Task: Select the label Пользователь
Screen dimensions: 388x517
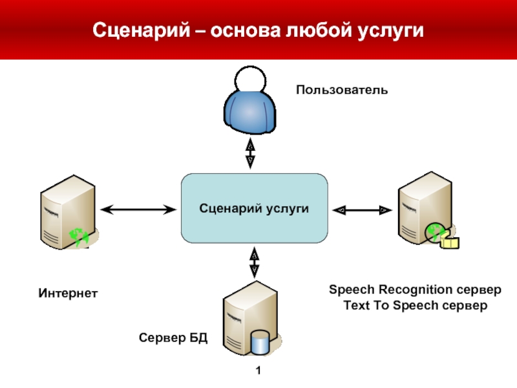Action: (342, 89)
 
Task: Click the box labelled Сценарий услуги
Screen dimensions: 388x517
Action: (254, 208)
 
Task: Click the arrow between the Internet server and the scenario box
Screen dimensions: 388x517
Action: (140, 209)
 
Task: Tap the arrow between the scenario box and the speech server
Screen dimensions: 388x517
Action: (363, 210)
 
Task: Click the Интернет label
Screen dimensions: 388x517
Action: (67, 294)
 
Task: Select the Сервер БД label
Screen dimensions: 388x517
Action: (173, 338)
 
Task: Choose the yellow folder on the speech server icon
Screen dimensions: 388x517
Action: (450, 242)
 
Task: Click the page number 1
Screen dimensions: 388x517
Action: (258, 371)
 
